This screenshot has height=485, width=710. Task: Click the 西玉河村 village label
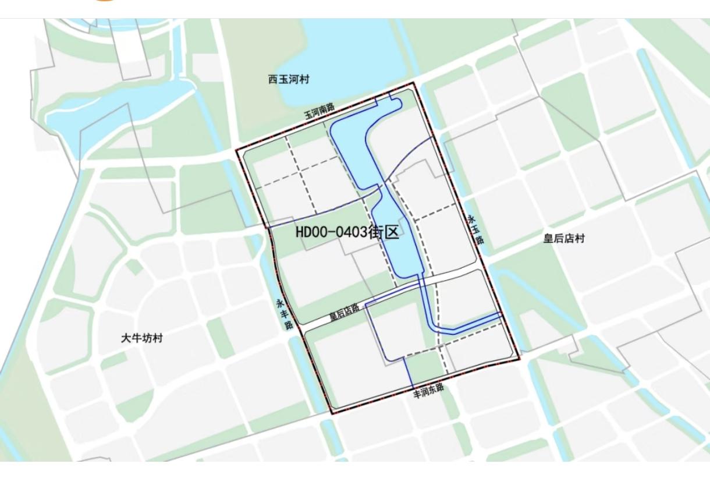tap(289, 80)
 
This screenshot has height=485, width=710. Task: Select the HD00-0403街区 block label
tap(347, 232)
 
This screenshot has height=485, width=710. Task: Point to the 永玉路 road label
tap(476, 229)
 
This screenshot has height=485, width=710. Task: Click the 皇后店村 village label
tap(564, 239)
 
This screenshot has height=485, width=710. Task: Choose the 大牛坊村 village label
tap(142, 338)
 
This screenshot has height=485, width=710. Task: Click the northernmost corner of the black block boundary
tap(414, 83)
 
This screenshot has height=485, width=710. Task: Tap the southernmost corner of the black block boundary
tap(332, 413)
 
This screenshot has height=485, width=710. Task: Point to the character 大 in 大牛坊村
tap(126, 338)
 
